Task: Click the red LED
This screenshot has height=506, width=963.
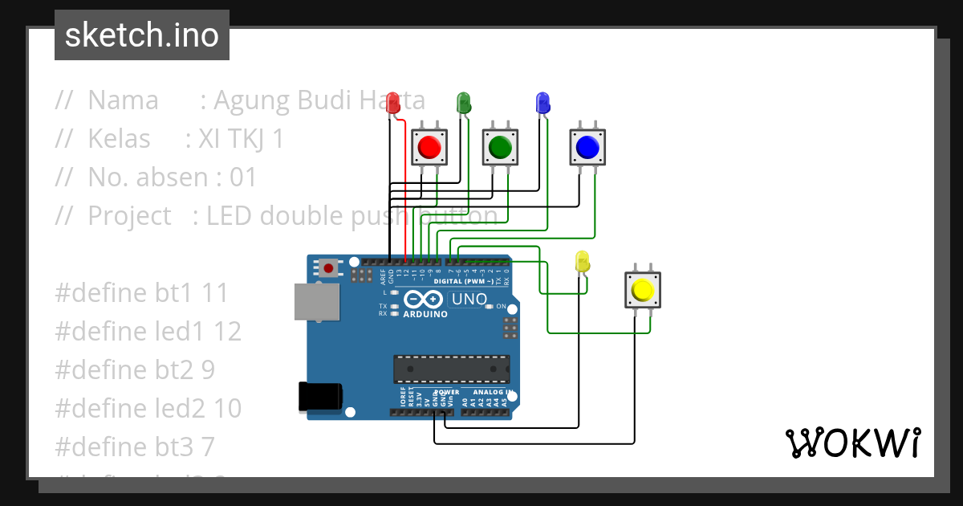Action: tap(392, 103)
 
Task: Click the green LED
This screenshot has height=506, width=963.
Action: tap(463, 103)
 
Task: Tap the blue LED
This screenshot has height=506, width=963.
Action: tap(542, 103)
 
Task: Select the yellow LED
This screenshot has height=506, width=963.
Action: tap(583, 262)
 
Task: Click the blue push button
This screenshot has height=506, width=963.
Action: tap(587, 147)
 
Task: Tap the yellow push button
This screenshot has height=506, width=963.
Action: tap(642, 290)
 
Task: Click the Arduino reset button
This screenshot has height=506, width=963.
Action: tap(329, 267)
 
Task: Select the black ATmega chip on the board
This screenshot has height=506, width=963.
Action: tap(451, 369)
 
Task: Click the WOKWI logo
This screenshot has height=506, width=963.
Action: tap(852, 443)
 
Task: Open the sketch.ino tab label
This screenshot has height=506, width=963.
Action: tap(142, 35)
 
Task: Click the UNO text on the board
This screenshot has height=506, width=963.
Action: tap(469, 300)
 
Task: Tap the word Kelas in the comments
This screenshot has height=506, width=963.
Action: tap(119, 139)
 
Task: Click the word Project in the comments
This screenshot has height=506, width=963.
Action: tap(129, 216)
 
